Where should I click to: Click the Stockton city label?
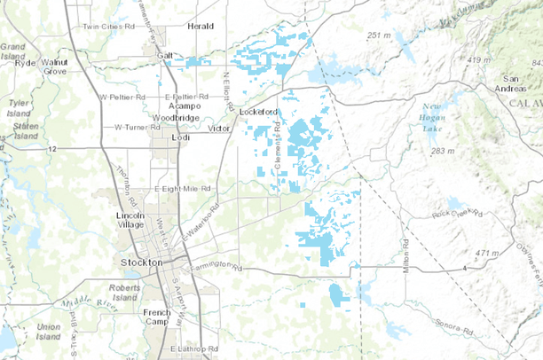coord(141,263)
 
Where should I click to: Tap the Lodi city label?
coord(180,138)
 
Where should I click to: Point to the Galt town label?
coord(165,55)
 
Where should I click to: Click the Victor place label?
coord(218,129)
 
